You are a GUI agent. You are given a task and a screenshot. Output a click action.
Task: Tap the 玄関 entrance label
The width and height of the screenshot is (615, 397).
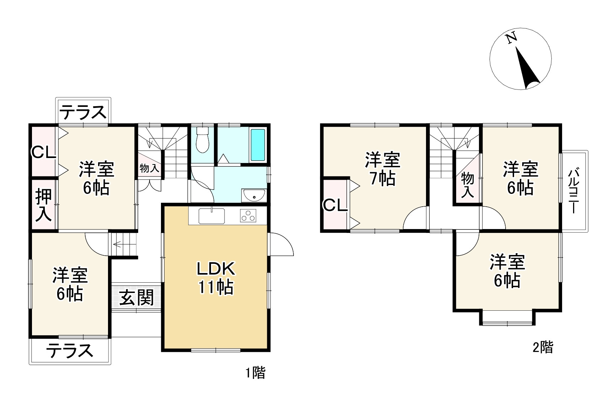[136, 297]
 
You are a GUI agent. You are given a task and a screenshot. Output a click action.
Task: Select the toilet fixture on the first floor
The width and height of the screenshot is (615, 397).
[202, 140]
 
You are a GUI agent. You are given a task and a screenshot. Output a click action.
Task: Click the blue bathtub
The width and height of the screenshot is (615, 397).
[258, 145]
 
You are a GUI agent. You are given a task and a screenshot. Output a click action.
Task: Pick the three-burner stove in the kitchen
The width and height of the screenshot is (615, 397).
[248, 216]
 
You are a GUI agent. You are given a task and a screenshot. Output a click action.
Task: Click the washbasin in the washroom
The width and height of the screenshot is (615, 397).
[253, 195]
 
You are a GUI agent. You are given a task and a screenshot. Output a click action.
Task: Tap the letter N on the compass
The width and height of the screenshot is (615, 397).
[511, 38]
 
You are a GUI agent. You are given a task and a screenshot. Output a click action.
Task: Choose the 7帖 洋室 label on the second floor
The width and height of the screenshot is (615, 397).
[383, 169]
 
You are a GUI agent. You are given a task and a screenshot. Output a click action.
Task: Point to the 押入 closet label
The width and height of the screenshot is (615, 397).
[43, 205]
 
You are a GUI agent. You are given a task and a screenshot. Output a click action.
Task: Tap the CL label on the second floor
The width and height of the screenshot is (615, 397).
[335, 205]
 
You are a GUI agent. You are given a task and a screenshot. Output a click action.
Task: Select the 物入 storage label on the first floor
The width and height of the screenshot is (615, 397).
[150, 168]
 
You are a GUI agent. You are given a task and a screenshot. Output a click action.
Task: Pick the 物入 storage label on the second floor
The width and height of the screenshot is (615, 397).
[468, 185]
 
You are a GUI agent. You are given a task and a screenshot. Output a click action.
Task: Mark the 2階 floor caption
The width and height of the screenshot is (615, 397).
[543, 347]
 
